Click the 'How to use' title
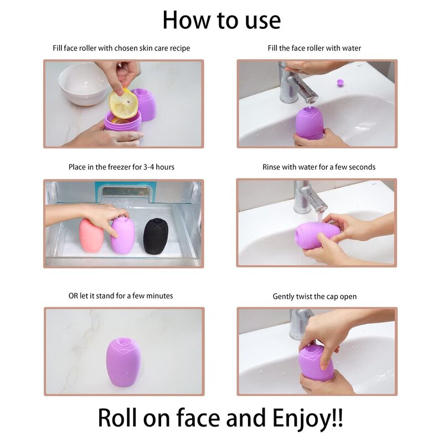click(221, 20)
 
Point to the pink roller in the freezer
click(91, 235)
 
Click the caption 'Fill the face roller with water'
click(314, 48)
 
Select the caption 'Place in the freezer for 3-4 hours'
click(121, 167)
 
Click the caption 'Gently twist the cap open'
click(315, 296)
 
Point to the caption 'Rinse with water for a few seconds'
click(319, 167)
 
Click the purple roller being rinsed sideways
click(313, 235)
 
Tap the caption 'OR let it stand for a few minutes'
click(121, 296)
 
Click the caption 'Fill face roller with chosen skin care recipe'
click(121, 48)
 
